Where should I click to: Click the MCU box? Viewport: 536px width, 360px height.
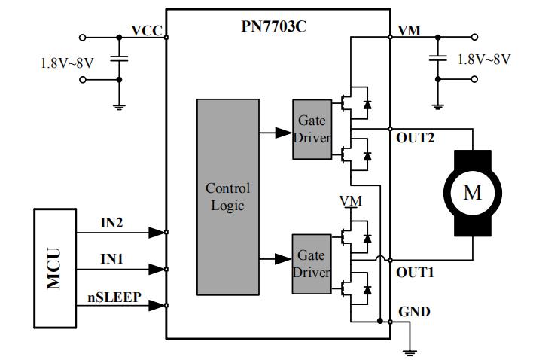[55, 266]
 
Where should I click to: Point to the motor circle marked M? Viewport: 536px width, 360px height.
[472, 193]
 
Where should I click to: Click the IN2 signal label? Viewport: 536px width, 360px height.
[114, 223]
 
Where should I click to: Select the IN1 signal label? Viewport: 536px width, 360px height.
[114, 259]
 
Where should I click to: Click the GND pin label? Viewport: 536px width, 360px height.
[413, 310]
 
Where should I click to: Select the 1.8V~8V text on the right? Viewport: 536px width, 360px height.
[485, 58]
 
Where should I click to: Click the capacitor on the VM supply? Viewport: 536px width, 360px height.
[436, 57]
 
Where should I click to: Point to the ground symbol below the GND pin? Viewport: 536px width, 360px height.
[411, 348]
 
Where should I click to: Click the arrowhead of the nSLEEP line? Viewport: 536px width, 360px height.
[157, 305]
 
